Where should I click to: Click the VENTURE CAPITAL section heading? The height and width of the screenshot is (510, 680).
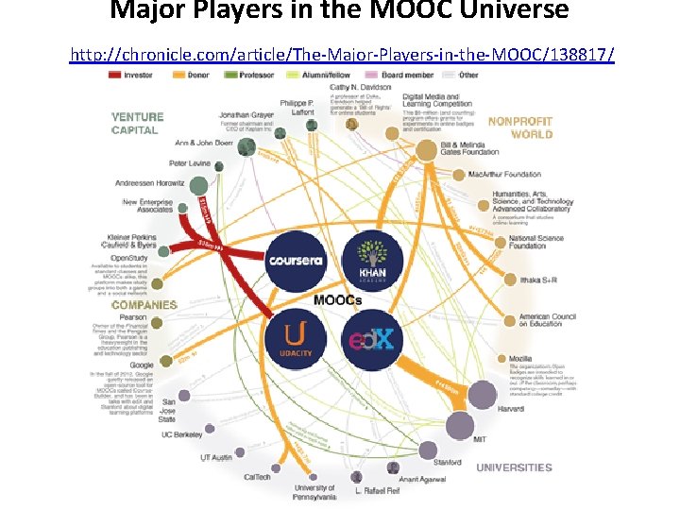[137, 124]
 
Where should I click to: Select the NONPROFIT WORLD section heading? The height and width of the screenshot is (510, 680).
[519, 127]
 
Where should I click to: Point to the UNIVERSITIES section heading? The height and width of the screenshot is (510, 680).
[514, 467]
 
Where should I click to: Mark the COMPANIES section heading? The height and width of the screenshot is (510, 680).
[144, 305]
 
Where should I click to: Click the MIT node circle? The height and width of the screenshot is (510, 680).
[460, 425]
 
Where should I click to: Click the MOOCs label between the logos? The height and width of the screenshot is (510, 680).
[337, 300]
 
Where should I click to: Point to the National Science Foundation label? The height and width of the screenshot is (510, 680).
[534, 242]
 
